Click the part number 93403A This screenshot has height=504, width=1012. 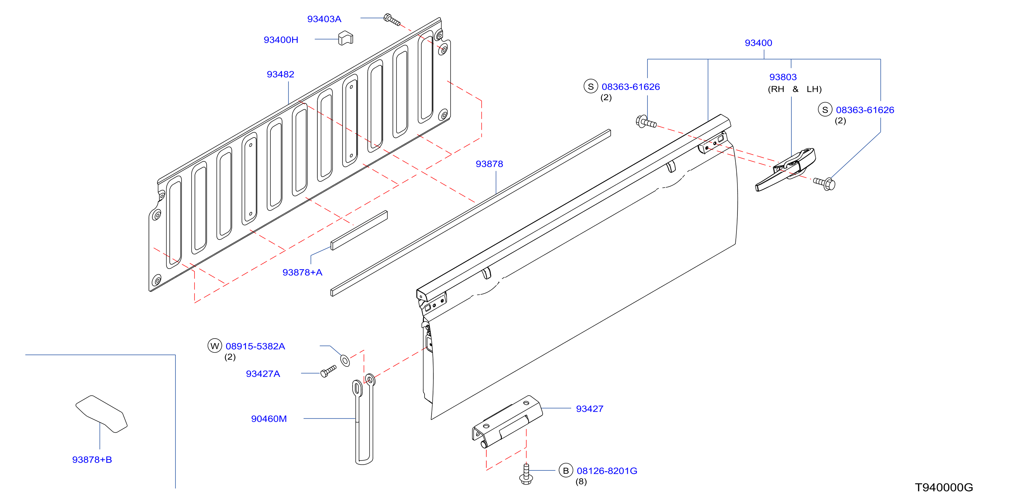[324, 19]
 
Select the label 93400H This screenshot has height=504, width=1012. [281, 40]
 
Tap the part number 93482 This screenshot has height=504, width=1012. [281, 74]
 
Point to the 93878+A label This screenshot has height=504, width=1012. [302, 272]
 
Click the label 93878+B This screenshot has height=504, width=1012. [92, 460]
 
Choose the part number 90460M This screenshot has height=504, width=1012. [269, 419]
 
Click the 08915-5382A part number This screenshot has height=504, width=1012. [255, 346]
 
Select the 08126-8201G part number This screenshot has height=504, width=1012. [607, 471]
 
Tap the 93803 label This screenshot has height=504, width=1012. [783, 77]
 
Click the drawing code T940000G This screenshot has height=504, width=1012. [944, 487]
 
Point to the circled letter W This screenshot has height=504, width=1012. [214, 346]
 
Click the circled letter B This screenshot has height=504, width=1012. [566, 471]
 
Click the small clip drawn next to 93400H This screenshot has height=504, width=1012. [345, 38]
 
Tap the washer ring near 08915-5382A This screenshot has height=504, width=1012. [345, 360]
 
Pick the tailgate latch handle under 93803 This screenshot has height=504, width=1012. [785, 170]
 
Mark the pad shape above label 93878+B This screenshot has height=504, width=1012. [101, 414]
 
